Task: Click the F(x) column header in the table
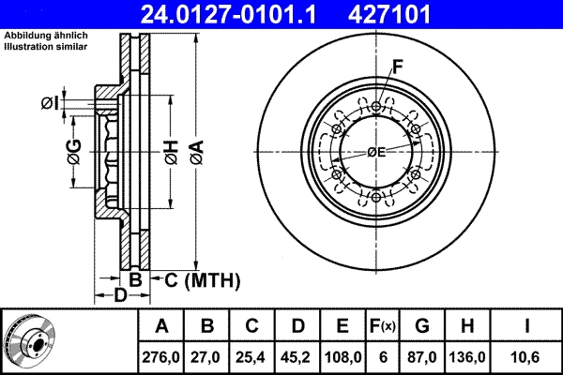click(382, 326)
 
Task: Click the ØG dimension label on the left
click(74, 151)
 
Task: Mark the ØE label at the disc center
click(375, 152)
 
